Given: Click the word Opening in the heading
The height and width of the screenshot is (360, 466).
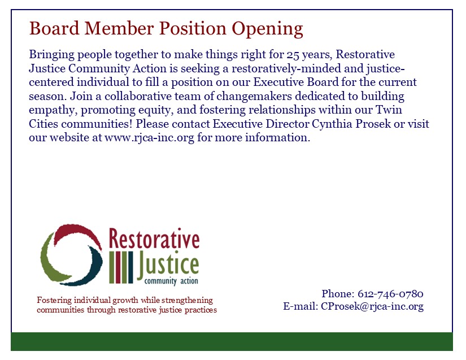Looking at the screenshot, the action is coord(267,29).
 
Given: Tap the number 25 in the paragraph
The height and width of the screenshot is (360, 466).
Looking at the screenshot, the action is coord(293,55).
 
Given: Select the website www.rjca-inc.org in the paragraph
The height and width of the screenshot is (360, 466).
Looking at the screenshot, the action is coord(149,138).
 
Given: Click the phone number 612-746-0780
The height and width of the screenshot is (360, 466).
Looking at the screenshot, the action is coord(390,294).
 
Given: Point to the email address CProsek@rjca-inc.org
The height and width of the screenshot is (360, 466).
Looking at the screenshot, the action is coord(372,306).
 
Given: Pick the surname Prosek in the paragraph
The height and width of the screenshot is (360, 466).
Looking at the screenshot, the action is coord(373,124).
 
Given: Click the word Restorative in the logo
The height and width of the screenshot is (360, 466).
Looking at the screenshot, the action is coord(154,238).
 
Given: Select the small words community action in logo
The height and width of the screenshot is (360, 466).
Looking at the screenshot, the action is coord(171,281).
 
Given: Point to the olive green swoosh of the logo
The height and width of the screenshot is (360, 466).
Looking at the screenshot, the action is coord(51,259).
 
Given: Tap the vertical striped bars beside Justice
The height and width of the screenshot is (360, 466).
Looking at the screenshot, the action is coord(121,267).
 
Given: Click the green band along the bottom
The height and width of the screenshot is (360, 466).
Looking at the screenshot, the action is coord(232,341).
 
